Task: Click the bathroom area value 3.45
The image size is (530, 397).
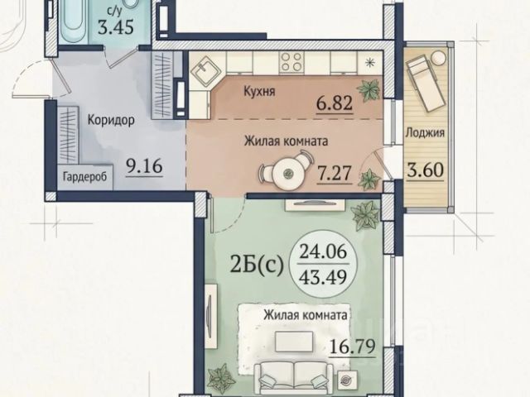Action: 116,27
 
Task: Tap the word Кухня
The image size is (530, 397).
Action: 259,92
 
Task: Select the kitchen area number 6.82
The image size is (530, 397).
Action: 335,103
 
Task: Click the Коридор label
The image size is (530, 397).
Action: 111,120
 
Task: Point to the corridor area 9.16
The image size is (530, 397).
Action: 144,166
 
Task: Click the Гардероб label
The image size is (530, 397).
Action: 84,176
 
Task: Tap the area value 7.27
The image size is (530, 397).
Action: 335,174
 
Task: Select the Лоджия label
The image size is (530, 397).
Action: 425,133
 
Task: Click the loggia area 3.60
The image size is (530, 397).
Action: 425,170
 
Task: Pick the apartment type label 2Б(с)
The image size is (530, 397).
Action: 257,265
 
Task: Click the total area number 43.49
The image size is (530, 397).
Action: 324,278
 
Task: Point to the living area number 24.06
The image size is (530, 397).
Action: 324,251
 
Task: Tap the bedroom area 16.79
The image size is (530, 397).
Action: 352,346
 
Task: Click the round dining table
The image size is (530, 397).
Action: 287,174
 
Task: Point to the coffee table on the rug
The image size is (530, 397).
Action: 294,342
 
